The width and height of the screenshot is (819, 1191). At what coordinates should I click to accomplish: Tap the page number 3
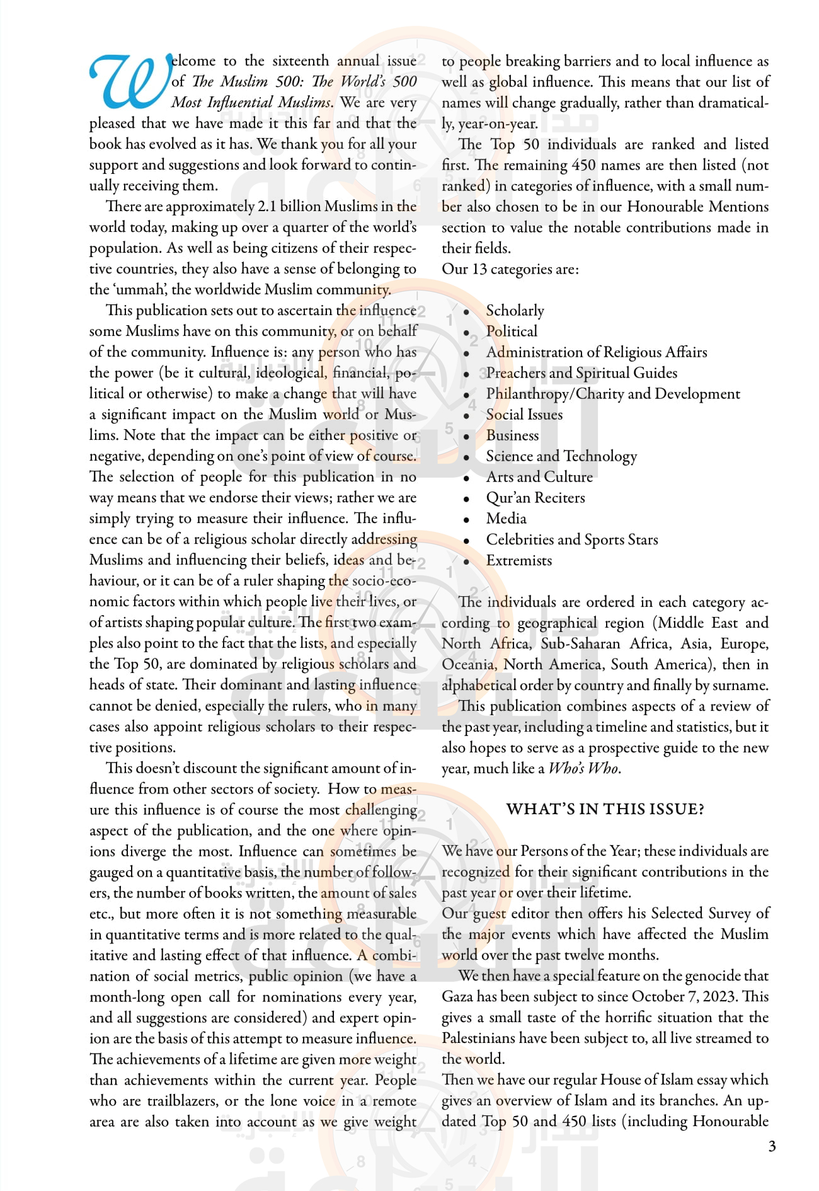point(772,1146)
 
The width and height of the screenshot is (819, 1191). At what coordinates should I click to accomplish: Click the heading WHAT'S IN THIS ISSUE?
point(605,809)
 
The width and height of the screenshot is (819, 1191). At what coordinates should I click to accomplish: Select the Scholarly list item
point(515,311)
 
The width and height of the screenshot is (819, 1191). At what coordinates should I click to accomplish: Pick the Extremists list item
point(518,560)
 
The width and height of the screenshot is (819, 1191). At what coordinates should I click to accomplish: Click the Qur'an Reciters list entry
point(535,498)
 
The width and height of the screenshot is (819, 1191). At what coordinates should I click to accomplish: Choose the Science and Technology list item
point(561,456)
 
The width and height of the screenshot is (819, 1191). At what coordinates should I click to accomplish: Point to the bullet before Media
point(466,520)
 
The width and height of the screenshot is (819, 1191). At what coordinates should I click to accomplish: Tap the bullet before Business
point(466,437)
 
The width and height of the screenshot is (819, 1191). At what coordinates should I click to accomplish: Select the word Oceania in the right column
point(468,664)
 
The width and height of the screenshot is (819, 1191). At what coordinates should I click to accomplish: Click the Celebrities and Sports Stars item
point(571,539)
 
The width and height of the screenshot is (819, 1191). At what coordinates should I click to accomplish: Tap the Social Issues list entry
point(524,415)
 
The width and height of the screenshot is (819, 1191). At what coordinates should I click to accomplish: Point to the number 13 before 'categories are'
point(479,269)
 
